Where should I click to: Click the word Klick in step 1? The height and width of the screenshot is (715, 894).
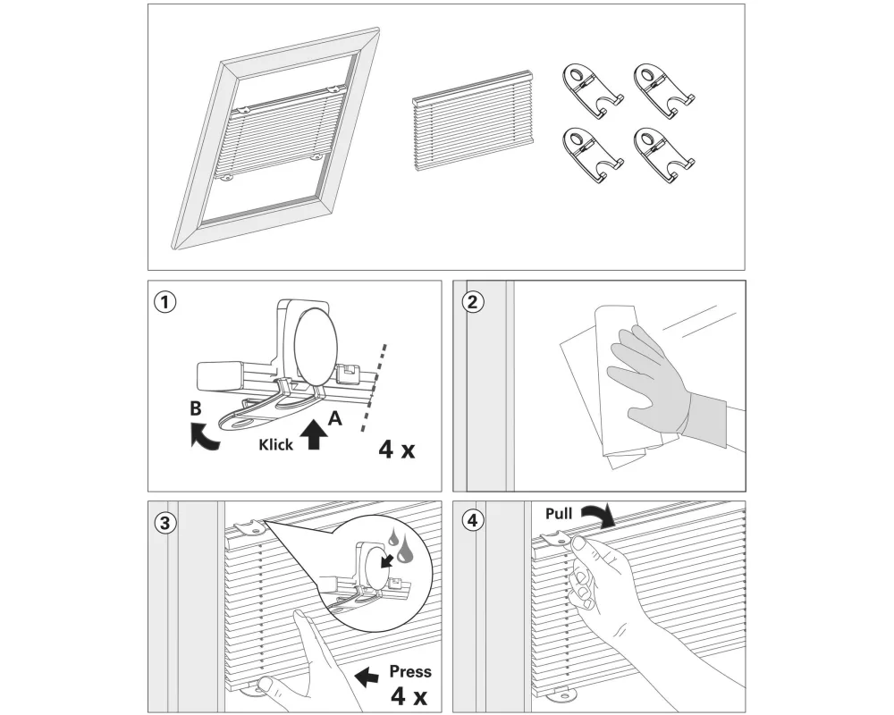276,444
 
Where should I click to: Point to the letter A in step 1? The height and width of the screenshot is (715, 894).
333,417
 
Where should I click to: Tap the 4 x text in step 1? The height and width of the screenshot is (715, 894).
397,449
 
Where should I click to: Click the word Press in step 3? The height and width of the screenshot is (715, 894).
410,671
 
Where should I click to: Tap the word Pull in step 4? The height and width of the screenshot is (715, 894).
559,514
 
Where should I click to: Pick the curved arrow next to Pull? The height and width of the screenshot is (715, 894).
597,514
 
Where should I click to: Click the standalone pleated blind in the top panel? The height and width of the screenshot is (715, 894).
470,121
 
